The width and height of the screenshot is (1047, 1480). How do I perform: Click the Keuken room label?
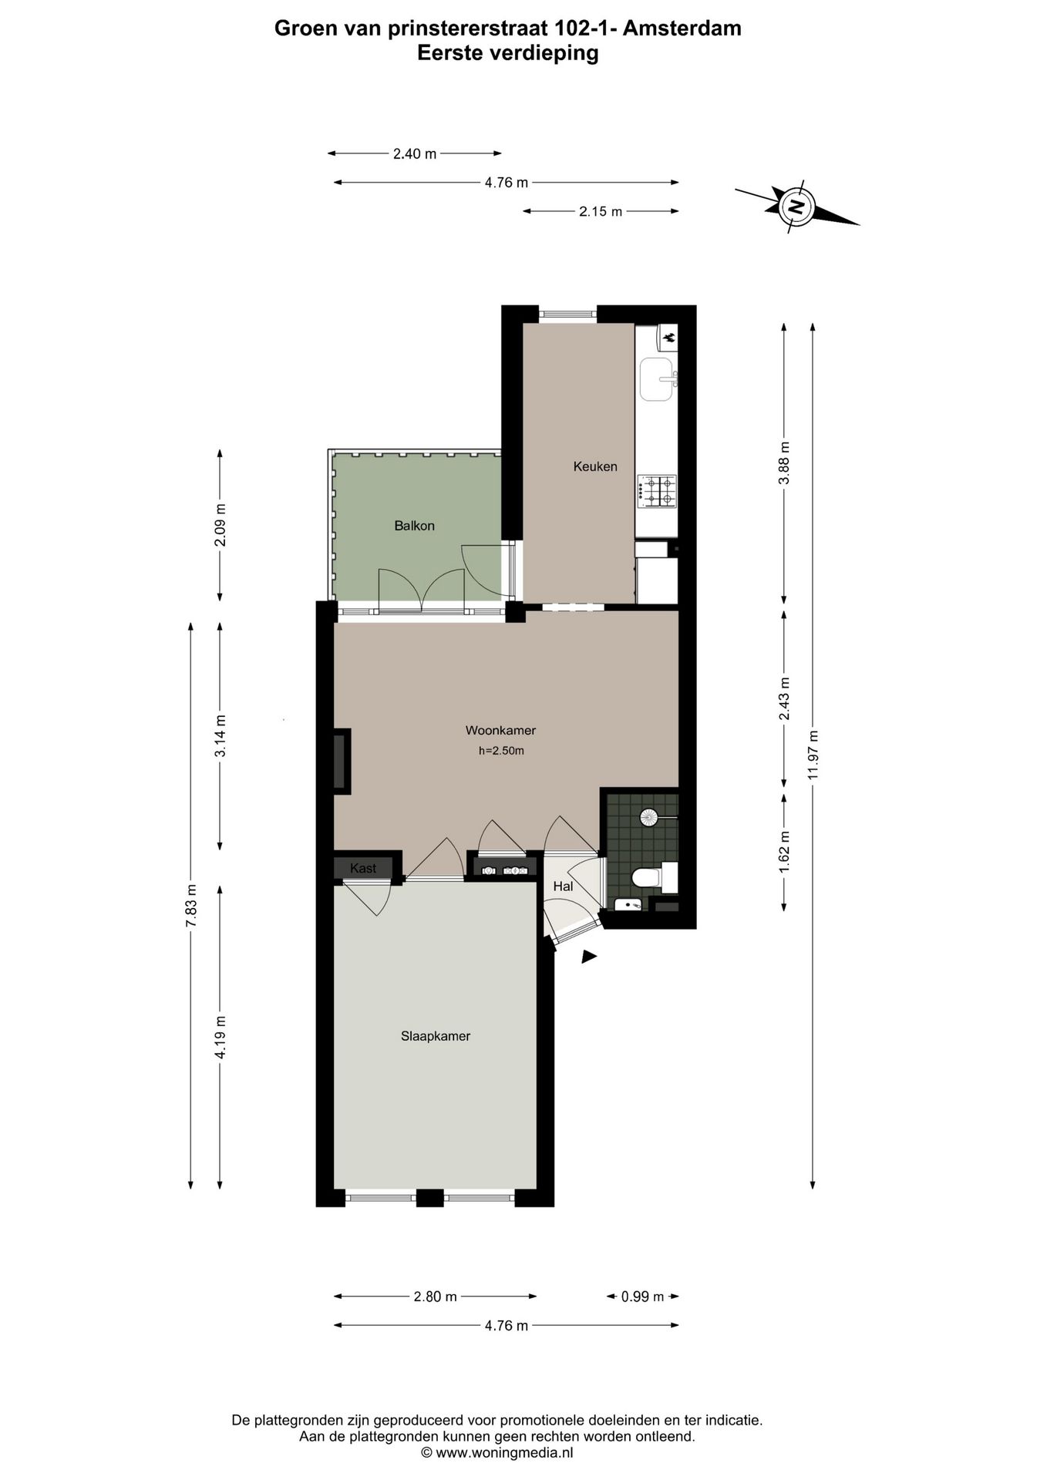(594, 466)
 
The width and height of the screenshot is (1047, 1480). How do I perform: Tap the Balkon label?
(414, 526)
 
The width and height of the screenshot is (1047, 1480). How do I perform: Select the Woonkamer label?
(500, 730)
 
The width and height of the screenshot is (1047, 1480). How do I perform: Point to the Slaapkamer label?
(435, 1036)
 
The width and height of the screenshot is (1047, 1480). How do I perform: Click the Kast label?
(363, 868)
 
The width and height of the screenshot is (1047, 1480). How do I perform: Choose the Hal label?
(563, 886)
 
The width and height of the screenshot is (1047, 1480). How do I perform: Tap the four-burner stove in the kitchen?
(656, 491)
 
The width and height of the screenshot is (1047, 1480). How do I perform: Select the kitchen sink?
(657, 379)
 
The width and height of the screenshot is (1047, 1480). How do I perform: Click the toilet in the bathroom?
(645, 877)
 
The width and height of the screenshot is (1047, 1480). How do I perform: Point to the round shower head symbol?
(648, 817)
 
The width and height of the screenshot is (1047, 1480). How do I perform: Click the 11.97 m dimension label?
(813, 755)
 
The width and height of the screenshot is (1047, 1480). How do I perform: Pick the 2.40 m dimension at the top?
(415, 153)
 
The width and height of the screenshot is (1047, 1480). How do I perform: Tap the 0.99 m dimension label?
(642, 1297)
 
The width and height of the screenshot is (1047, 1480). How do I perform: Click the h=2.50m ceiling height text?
(501, 751)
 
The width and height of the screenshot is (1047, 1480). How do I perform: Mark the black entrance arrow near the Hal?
(588, 957)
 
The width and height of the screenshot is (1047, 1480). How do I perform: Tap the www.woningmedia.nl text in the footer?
(504, 1453)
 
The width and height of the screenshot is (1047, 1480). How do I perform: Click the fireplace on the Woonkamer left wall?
(340, 761)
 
